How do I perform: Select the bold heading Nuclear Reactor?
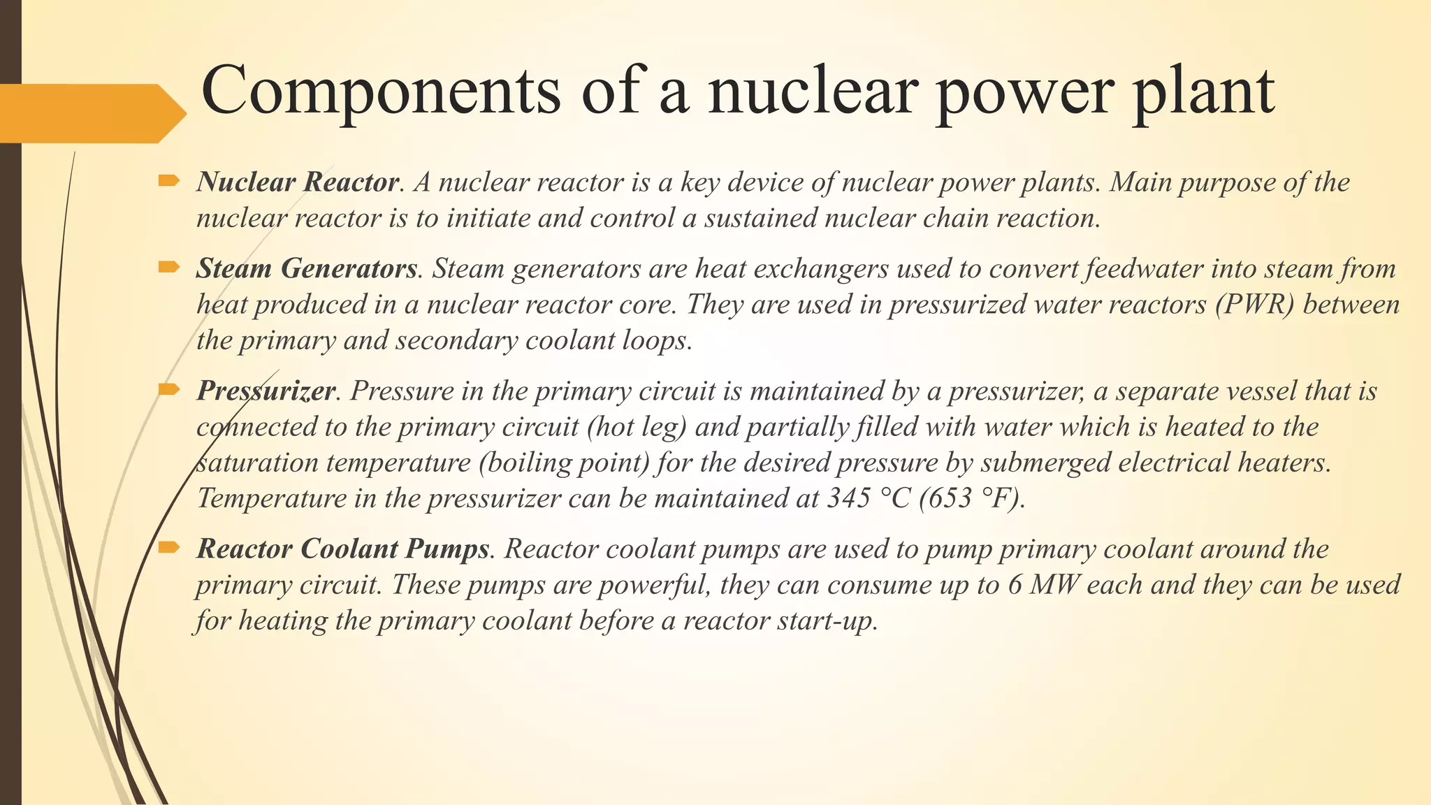[298, 182]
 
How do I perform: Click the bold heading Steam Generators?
[307, 268]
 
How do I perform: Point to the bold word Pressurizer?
[266, 391]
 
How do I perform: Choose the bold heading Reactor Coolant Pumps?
[342, 549]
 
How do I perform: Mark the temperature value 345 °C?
[869, 498]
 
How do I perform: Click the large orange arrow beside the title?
[91, 113]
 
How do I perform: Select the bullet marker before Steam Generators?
[168, 266]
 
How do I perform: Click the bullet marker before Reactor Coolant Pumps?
[168, 547]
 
